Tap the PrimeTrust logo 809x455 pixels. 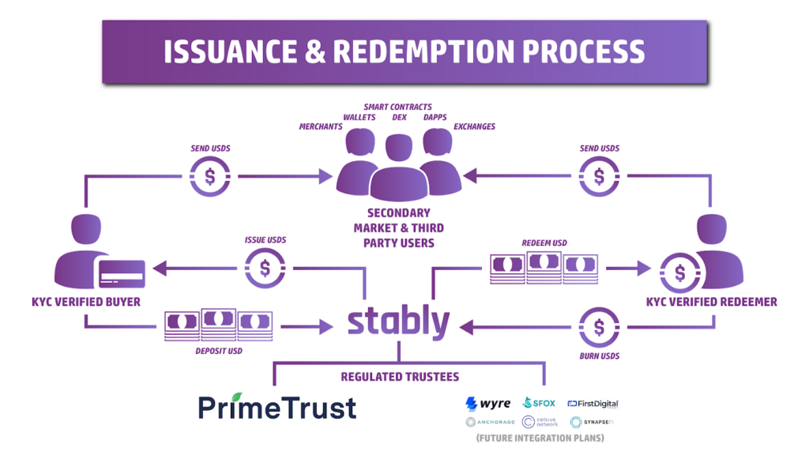[277, 407]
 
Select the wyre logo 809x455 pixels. [487, 404]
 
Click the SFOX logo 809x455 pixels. [539, 404]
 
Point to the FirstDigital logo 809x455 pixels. [593, 404]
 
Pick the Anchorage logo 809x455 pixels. [490, 422]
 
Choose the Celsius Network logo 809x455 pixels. [540, 422]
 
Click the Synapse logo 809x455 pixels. [593, 422]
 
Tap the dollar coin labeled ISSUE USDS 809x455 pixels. [265, 269]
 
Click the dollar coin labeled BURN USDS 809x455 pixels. [599, 327]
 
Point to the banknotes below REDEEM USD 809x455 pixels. [544, 267]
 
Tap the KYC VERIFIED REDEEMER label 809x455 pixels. [711, 302]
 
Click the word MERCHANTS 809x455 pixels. [320, 127]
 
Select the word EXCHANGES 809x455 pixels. [474, 127]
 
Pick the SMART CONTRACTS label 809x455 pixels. [397, 107]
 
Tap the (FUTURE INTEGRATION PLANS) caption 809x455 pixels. [541, 438]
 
